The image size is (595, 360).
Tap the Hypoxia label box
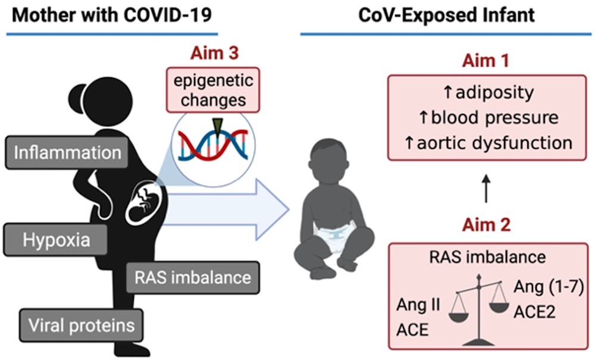[x=57, y=240]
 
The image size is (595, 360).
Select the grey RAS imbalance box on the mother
[x=193, y=277]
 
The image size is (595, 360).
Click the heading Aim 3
[x=214, y=53]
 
